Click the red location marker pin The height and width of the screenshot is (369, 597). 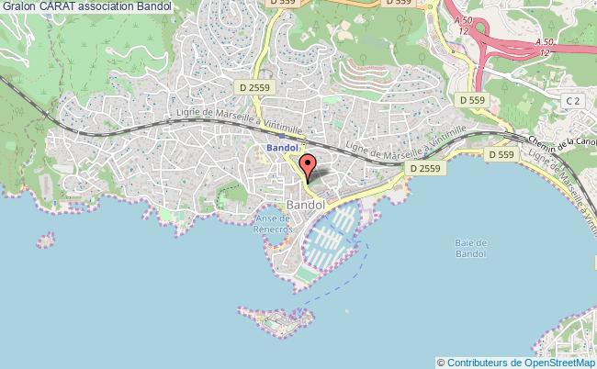[309, 165]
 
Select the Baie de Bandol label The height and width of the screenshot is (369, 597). [468, 247]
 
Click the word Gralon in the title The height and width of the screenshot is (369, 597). [17, 7]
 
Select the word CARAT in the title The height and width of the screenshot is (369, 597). [57, 7]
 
